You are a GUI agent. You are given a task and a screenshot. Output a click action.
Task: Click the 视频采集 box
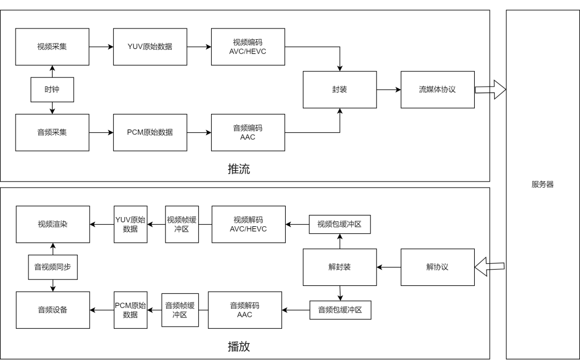click(x=52, y=47)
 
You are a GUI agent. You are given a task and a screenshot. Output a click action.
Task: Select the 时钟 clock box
click(x=52, y=90)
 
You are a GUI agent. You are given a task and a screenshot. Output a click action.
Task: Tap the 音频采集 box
click(x=52, y=132)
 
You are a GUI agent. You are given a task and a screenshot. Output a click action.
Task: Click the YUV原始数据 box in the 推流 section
click(x=150, y=47)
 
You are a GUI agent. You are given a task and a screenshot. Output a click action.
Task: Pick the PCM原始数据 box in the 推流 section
click(x=150, y=132)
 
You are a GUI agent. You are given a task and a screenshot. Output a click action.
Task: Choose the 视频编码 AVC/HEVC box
click(x=248, y=47)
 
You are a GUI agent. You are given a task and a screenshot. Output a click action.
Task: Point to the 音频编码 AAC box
click(x=248, y=132)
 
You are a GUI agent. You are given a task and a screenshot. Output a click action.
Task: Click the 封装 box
click(x=339, y=90)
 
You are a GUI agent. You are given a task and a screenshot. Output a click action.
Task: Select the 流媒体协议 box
click(x=437, y=90)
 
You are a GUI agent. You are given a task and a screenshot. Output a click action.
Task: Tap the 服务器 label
click(x=542, y=184)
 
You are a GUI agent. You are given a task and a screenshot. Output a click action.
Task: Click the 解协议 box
click(x=437, y=267)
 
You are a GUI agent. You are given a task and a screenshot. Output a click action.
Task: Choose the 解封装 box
click(x=339, y=267)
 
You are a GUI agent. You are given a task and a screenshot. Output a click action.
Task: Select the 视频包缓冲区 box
click(x=339, y=224)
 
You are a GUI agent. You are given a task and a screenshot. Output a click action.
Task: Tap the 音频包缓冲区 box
click(x=340, y=310)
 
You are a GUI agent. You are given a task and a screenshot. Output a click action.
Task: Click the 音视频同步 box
click(x=53, y=267)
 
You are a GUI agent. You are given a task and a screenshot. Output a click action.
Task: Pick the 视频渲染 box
click(x=53, y=224)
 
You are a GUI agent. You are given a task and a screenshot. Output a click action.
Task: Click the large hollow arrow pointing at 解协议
click(x=482, y=267)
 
